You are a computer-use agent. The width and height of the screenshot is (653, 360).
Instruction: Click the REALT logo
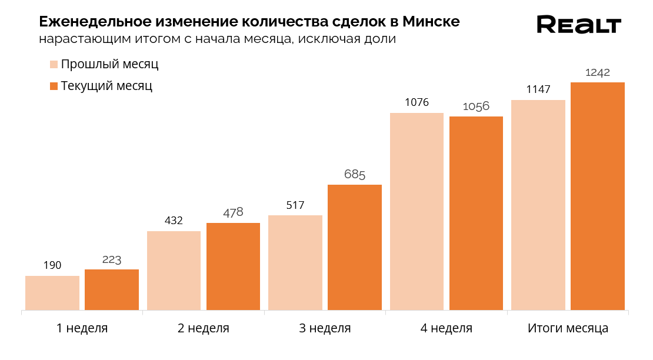(x=579, y=25)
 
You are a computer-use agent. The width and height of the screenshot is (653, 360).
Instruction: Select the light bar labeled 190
(x=52, y=292)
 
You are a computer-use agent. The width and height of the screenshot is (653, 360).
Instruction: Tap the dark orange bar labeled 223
(x=112, y=289)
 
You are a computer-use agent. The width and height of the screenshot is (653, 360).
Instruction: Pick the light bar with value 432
(x=174, y=270)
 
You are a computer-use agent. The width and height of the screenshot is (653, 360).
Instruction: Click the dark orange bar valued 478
(x=233, y=266)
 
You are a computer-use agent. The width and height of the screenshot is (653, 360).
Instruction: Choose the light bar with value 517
(x=295, y=262)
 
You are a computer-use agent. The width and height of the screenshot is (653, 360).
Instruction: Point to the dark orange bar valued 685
(x=355, y=247)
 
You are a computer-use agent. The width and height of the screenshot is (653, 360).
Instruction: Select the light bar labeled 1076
(x=417, y=211)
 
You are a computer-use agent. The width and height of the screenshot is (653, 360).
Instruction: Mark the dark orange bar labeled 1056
(x=476, y=213)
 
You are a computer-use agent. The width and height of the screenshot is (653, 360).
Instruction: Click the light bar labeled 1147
(x=538, y=205)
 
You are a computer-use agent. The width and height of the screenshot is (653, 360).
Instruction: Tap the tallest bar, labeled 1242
(x=598, y=196)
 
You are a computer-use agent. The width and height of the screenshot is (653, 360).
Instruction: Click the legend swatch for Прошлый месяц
(x=54, y=65)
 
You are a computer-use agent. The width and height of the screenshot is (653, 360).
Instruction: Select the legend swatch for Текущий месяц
(x=54, y=86)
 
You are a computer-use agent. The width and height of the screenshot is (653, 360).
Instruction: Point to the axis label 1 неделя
(x=82, y=328)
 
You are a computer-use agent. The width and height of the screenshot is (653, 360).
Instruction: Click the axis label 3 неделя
(x=325, y=328)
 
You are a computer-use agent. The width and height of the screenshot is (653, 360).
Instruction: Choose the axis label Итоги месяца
(x=568, y=328)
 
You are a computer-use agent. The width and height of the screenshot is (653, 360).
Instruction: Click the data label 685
(x=355, y=175)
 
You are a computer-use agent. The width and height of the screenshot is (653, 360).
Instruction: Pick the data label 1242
(x=598, y=72)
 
